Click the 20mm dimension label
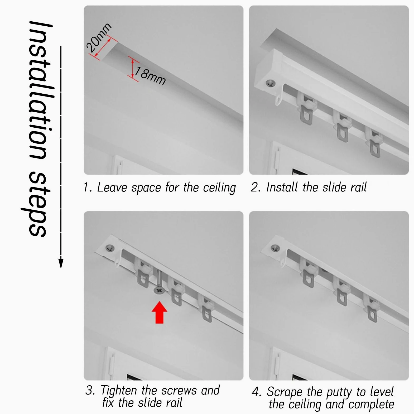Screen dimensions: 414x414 coord(99,38)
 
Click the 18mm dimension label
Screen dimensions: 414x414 coord(150,76)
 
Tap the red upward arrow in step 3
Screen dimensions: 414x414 coord(159,312)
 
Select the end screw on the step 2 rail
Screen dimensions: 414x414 coord(271,84)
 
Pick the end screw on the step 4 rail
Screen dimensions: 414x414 coord(275,248)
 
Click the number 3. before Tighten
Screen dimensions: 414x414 coord(90,390)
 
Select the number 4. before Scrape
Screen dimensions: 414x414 coord(256,392)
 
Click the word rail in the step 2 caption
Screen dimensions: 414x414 coord(359,187)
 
